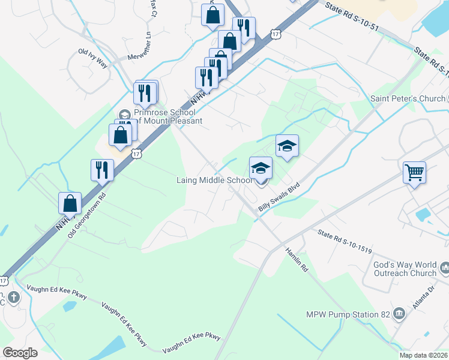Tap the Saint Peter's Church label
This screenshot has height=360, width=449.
tap(408, 98)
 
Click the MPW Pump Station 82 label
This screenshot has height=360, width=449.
tap(348, 314)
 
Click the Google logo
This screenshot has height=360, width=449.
tap(20, 352)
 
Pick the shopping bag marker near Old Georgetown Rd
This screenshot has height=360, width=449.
tap(70, 203)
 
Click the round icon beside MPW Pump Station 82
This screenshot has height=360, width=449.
tap(399, 314)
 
